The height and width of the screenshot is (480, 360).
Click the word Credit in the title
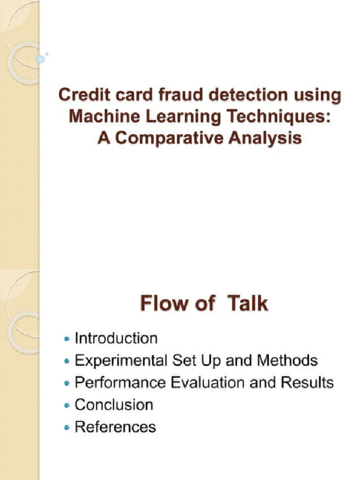point(79,96)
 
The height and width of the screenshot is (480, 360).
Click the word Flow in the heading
point(162,304)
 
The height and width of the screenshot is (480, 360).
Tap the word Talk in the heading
point(248,304)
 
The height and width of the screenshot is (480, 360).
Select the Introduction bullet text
point(116,338)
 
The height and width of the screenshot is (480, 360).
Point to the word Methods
point(287,360)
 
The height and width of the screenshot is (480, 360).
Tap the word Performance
point(120,382)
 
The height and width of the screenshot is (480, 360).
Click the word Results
point(307,382)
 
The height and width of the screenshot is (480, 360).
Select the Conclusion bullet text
point(114,405)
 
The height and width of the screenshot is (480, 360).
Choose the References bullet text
point(115,427)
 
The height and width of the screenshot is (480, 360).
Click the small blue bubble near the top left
point(40,59)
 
